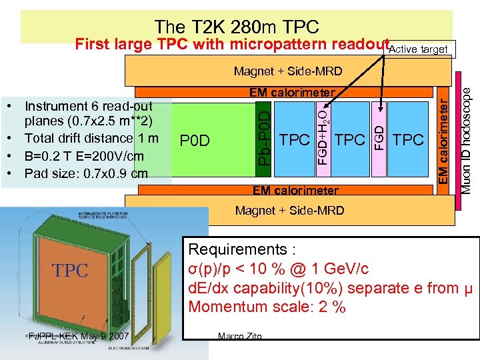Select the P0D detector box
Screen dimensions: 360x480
(195, 141)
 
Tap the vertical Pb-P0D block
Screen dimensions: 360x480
(265, 140)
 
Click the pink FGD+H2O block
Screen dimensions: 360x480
(323, 139)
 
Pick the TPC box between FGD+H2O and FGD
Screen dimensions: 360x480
(350, 139)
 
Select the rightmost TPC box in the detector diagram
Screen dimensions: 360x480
(409, 139)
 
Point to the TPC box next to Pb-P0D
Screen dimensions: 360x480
(295, 139)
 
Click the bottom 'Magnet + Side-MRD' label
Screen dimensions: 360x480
(289, 211)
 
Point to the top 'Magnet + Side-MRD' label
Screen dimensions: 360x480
(288, 71)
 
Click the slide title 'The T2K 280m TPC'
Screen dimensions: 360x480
(237, 27)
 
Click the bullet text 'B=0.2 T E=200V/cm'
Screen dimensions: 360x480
(84, 156)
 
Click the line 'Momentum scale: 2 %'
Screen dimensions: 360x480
(267, 307)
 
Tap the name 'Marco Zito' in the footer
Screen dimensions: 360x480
(239, 336)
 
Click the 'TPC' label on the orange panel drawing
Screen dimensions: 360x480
(70, 270)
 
